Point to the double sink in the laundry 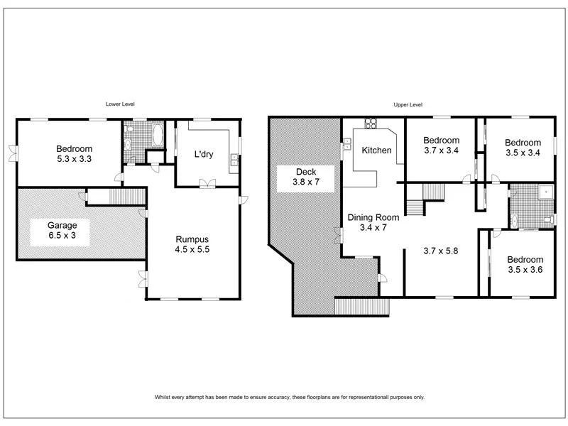coord(233,165)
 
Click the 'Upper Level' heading coord(408,104)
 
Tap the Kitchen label coord(376,151)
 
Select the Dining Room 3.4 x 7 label coord(373,223)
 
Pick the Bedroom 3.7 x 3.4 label coord(441,146)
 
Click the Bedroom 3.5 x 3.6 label coord(525,265)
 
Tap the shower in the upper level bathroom coord(544,191)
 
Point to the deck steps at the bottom coord(363,307)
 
